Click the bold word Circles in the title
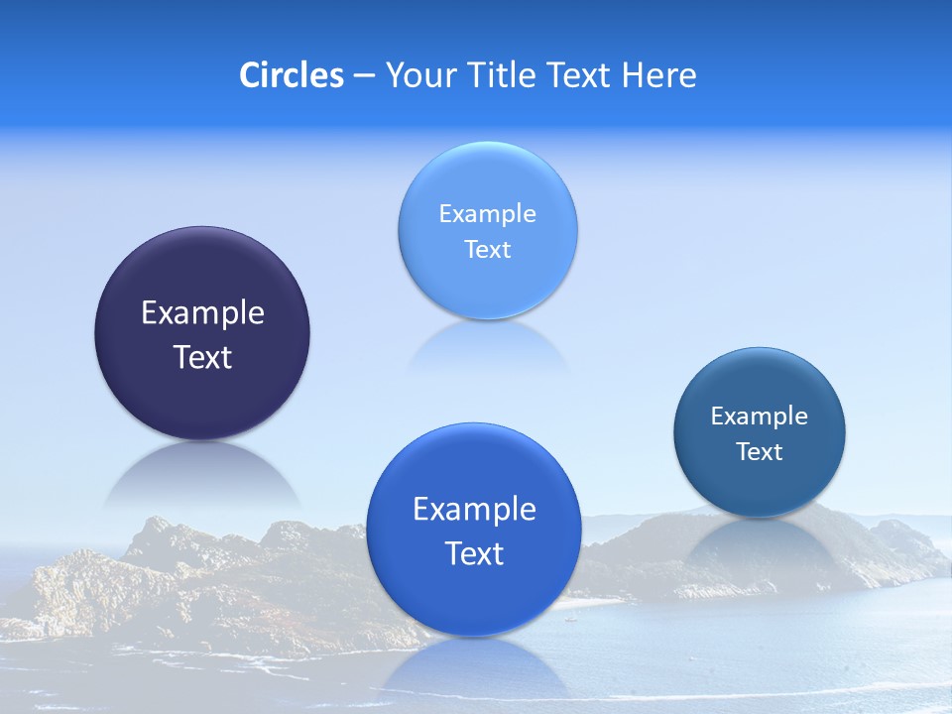(x=291, y=75)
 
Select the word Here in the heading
(x=658, y=75)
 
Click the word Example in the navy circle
(x=202, y=313)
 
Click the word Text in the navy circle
(x=202, y=357)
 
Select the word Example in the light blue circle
(x=487, y=214)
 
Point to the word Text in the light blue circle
(x=487, y=250)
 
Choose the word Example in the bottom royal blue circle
(x=474, y=510)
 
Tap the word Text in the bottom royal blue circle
(x=474, y=553)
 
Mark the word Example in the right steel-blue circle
(x=760, y=416)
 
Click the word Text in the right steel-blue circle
(x=760, y=452)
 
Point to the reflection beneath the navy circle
(x=202, y=476)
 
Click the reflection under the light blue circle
(x=487, y=347)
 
